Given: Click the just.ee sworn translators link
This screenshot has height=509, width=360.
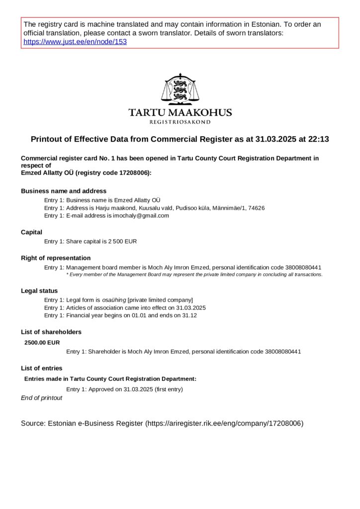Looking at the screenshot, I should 75,42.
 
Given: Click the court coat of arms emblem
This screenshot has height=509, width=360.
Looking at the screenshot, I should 180,89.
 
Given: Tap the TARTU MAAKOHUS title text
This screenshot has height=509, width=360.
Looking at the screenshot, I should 180,112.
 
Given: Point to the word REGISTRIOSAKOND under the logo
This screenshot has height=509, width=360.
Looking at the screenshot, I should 180,122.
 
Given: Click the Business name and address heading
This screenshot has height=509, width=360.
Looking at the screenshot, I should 64,191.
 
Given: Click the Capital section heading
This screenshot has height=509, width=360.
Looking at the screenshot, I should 31,232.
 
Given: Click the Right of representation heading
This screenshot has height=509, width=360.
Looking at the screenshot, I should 56,258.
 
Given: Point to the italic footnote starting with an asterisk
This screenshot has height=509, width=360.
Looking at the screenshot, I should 194,274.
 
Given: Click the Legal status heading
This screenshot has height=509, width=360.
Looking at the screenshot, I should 39,291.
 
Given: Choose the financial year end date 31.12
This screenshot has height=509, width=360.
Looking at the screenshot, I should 190,316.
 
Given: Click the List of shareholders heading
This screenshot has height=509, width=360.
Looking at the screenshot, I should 51,332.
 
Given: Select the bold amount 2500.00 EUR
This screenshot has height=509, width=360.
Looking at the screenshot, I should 42,342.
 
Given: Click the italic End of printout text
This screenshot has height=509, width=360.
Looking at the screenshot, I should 42,398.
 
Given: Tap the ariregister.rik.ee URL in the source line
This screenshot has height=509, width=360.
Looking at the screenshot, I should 224,424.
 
